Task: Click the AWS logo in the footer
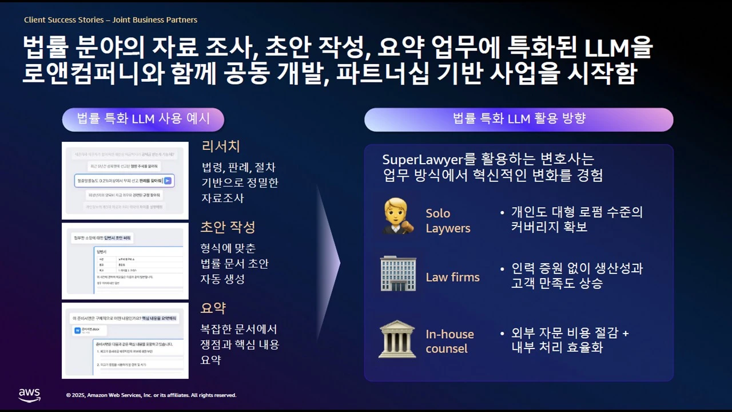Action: [29, 395]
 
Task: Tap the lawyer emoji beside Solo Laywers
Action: [398, 216]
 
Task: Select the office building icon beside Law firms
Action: [398, 274]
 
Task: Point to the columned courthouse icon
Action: [397, 339]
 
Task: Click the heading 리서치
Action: [221, 146]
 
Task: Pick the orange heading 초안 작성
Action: [228, 227]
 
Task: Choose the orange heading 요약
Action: [213, 308]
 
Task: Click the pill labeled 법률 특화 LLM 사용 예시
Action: [143, 119]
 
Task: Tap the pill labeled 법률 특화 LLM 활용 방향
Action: [519, 119]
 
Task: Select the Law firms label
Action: [452, 278]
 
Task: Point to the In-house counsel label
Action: [449, 341]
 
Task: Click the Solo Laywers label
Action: [448, 220]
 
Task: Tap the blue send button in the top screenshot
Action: [168, 181]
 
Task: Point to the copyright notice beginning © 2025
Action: [151, 395]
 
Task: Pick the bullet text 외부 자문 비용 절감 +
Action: [570, 333]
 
